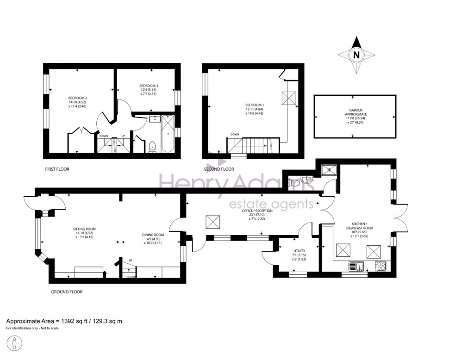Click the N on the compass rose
coord(356,55)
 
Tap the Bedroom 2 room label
coord(78,98)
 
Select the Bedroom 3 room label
coord(149,86)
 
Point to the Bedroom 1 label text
coord(254,105)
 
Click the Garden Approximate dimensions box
coord(355,116)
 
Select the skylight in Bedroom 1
coord(290,98)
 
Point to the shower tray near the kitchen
coord(329,168)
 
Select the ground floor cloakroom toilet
coord(294,184)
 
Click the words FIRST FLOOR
coord(57,169)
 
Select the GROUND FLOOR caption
coord(67,292)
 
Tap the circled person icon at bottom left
coord(15,344)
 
